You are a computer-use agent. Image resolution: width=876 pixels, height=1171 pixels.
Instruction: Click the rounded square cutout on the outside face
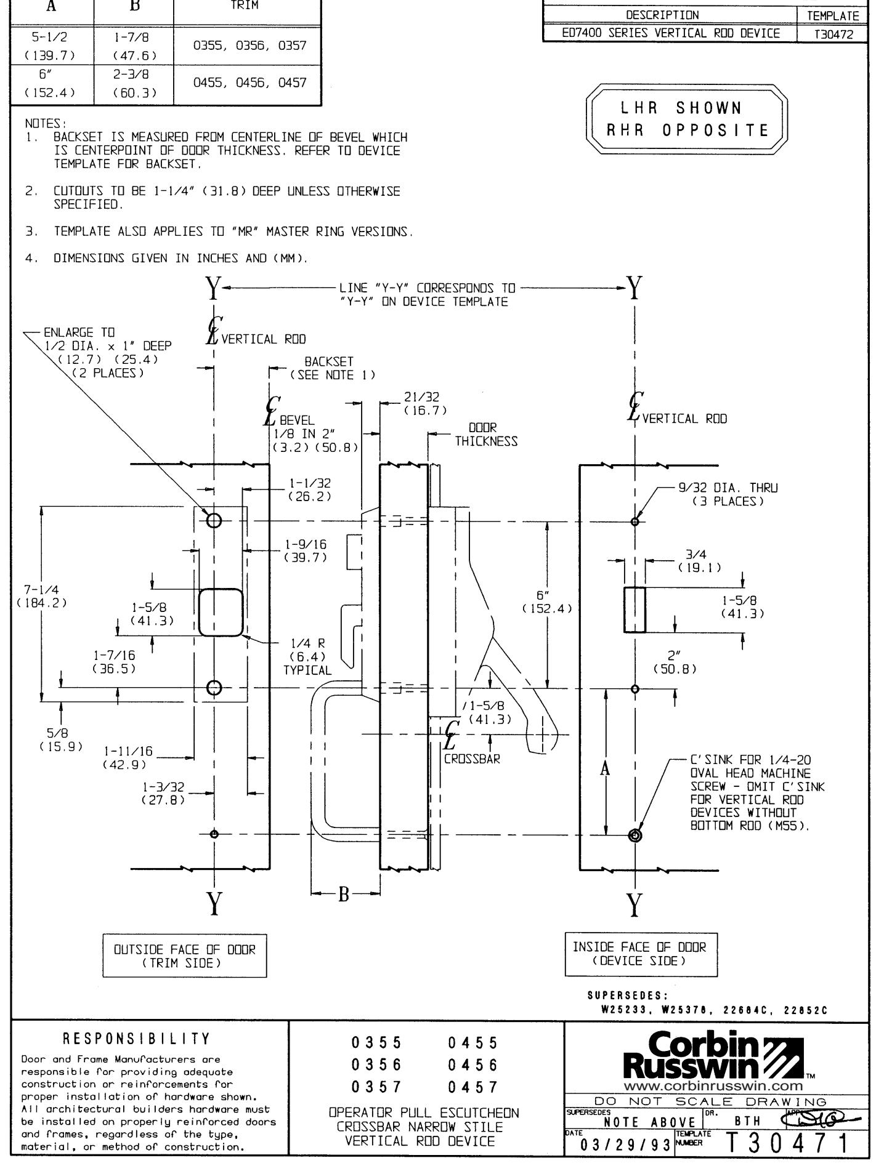[221, 611]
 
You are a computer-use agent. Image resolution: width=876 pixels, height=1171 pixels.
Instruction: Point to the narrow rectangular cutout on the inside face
[635, 610]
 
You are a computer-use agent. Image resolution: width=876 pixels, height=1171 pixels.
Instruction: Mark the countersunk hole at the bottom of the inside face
[635, 835]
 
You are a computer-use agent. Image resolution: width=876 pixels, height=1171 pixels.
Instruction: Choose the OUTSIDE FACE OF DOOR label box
[179, 956]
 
